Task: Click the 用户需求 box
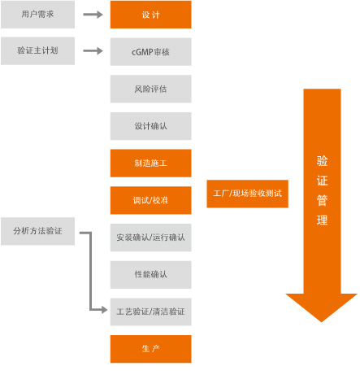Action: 37,15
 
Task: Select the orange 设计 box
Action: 150,15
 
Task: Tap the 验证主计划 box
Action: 37,51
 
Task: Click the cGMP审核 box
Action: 150,51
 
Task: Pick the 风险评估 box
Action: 150,89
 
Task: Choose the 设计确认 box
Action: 150,126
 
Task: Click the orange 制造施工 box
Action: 150,164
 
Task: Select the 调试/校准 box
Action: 150,200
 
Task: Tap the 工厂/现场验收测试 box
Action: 247,194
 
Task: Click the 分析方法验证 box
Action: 37,231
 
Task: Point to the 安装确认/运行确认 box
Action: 150,238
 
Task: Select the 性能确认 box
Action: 150,275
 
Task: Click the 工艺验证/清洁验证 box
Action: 150,312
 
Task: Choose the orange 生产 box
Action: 150,349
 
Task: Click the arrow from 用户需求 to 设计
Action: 93,15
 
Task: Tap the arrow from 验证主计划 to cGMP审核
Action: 93,50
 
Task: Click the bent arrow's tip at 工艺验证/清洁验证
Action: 107,310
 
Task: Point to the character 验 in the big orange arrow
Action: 322,161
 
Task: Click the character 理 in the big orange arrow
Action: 322,220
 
